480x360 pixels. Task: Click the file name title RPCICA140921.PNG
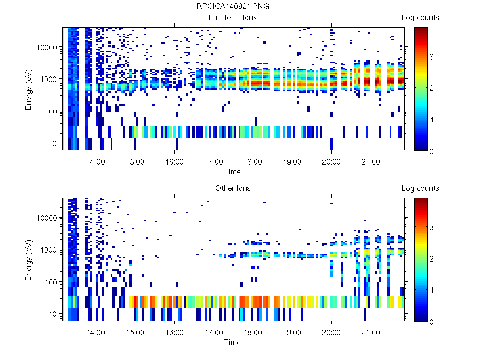click(x=233, y=7)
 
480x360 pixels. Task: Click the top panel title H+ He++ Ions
click(x=233, y=18)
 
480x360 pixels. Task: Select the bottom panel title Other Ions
click(x=233, y=188)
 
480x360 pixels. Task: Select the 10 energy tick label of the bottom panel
click(x=53, y=314)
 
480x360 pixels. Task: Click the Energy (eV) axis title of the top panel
click(x=29, y=89)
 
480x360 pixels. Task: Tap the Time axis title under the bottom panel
click(x=232, y=342)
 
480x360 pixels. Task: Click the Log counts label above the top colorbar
click(x=420, y=18)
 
